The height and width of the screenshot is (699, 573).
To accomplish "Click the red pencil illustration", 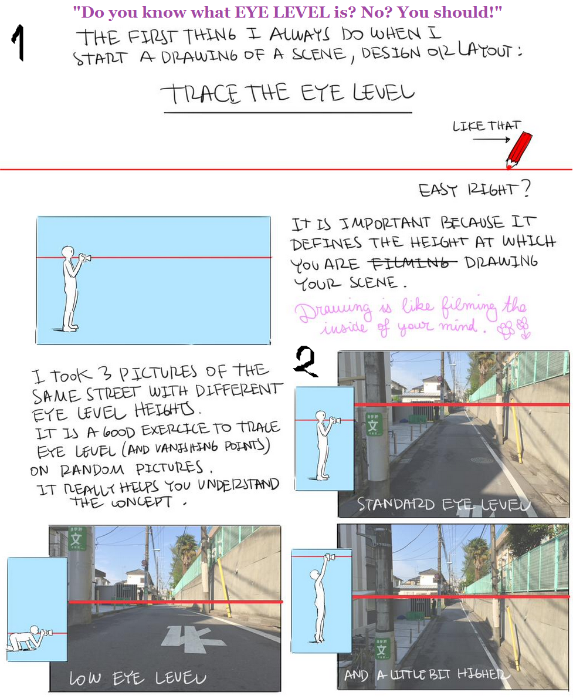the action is coord(519,150).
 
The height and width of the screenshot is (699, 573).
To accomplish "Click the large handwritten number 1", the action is coord(18,43).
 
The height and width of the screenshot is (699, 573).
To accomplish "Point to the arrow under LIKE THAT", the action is coord(491,140).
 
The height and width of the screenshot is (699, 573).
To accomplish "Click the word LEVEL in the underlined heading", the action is coord(383,93).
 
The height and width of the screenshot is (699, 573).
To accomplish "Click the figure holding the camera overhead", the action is coord(322,597).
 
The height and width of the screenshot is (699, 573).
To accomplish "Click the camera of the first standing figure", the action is coord(84,258).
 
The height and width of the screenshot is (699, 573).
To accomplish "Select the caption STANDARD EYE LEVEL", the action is coord(443,504).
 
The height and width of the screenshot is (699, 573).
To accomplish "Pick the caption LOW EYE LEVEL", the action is coord(138,678).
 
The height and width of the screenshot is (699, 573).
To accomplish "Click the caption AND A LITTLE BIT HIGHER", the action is coord(427,674).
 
